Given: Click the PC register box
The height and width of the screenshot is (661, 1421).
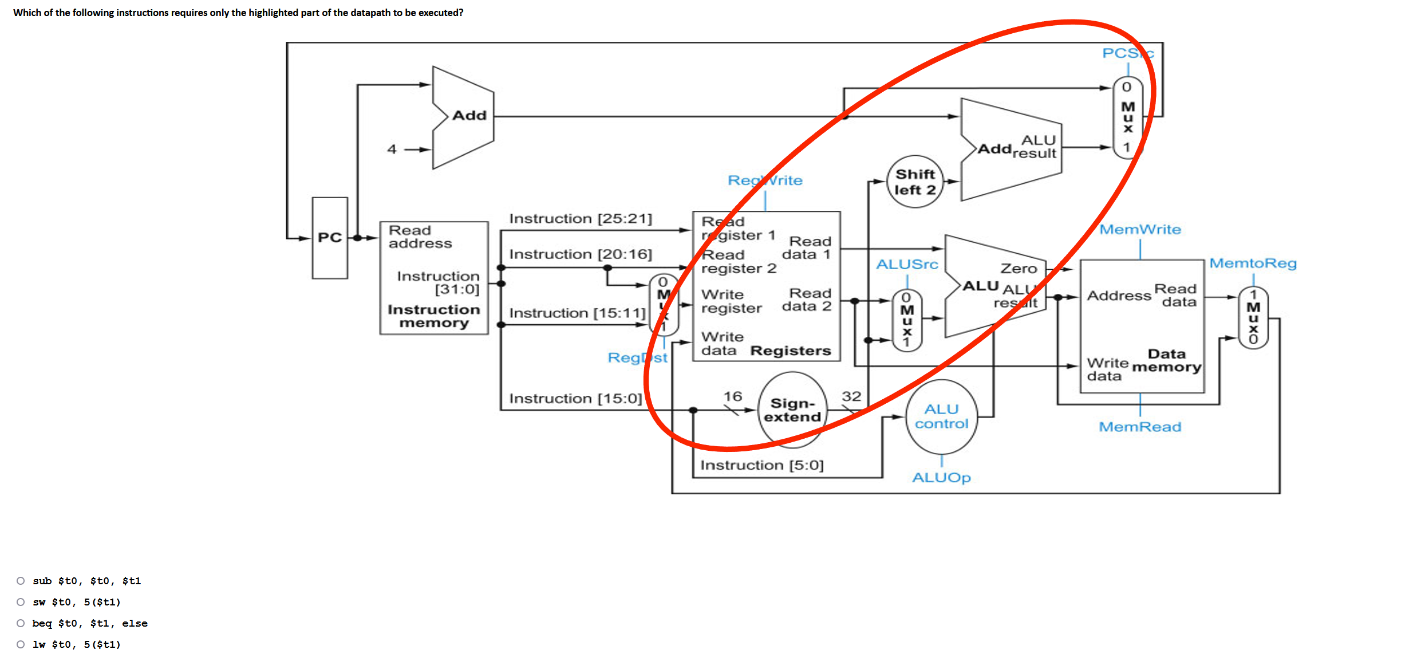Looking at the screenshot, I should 330,238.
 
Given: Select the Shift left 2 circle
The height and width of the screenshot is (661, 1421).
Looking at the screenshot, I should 915,182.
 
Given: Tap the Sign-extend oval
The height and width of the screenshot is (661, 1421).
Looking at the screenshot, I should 792,410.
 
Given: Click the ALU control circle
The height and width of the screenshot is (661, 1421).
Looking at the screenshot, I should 941,416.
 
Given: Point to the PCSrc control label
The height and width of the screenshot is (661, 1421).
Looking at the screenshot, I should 1127,53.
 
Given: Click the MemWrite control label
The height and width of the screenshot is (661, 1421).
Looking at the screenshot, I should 1140,230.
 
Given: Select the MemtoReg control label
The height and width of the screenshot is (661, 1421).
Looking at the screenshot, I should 1253,263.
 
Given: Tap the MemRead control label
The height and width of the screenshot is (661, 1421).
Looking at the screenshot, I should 1140,427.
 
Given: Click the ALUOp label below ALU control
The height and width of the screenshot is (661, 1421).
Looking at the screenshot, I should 941,478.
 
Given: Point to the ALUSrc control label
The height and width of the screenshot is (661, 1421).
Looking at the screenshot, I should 907,265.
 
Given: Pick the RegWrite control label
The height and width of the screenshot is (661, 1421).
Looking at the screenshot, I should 765,180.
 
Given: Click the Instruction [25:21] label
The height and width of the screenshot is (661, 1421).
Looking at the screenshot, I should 581,219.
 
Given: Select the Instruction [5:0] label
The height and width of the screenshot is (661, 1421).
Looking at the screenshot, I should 761,465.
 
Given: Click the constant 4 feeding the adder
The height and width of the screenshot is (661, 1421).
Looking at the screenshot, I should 392,149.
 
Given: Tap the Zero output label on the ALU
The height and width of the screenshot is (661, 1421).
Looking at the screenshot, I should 1019,269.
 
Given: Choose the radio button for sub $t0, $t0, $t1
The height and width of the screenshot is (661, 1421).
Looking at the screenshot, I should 21,581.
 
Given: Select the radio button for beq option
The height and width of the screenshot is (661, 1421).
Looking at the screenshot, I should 21,623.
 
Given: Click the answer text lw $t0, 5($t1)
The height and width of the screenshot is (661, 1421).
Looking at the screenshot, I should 77,644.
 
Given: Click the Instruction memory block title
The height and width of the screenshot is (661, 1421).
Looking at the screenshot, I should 434,316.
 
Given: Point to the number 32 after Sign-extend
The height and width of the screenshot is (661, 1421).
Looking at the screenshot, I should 851,396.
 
